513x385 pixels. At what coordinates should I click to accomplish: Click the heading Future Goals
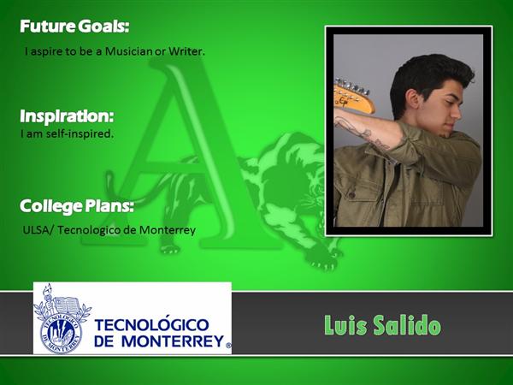pyautogui.click(x=74, y=27)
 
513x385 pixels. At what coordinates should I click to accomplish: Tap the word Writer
pyautogui.click(x=186, y=51)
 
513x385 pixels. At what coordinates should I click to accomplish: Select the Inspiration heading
pyautogui.click(x=67, y=115)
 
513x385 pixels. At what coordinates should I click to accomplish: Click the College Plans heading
pyautogui.click(x=77, y=206)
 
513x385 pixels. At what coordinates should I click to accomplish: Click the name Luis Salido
pyautogui.click(x=382, y=325)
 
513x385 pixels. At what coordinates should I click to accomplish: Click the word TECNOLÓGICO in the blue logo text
pyautogui.click(x=151, y=324)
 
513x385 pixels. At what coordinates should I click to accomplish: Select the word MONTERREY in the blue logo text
pyautogui.click(x=173, y=341)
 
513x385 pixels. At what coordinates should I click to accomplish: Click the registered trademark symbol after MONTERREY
pyautogui.click(x=228, y=345)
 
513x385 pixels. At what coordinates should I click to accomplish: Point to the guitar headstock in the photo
pyautogui.click(x=354, y=96)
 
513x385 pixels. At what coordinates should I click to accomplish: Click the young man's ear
pyautogui.click(x=413, y=99)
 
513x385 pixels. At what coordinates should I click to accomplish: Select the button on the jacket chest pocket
pyautogui.click(x=352, y=195)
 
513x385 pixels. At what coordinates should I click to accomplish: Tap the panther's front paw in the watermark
pyautogui.click(x=324, y=261)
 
